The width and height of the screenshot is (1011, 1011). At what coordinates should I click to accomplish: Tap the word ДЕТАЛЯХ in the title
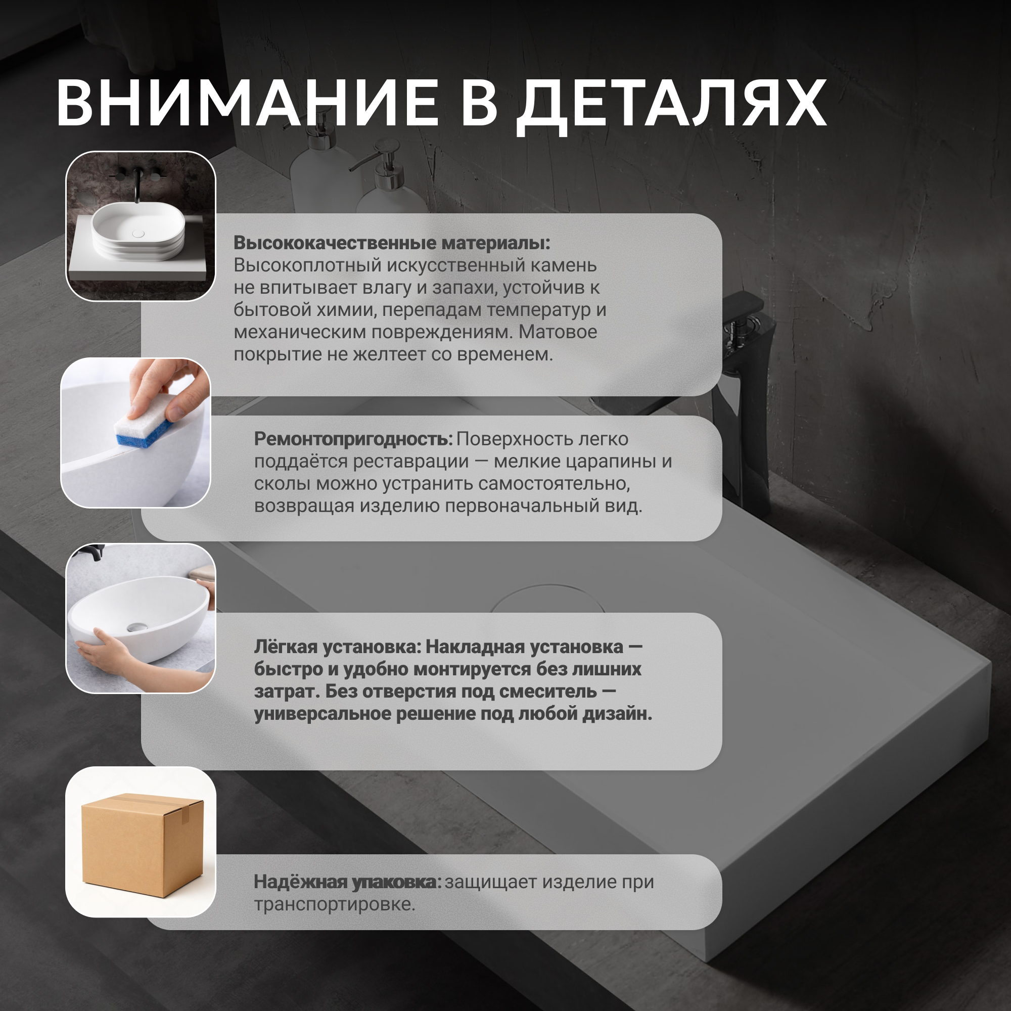pos(671,105)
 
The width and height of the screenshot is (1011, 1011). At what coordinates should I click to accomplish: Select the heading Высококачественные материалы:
pos(391,243)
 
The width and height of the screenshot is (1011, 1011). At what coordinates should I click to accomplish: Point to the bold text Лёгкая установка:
pos(338,647)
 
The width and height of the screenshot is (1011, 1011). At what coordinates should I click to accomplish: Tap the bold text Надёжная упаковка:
pos(347,882)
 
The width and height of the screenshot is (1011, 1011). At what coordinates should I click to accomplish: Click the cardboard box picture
pos(142,844)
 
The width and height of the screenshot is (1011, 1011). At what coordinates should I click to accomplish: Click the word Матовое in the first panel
pos(558,332)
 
